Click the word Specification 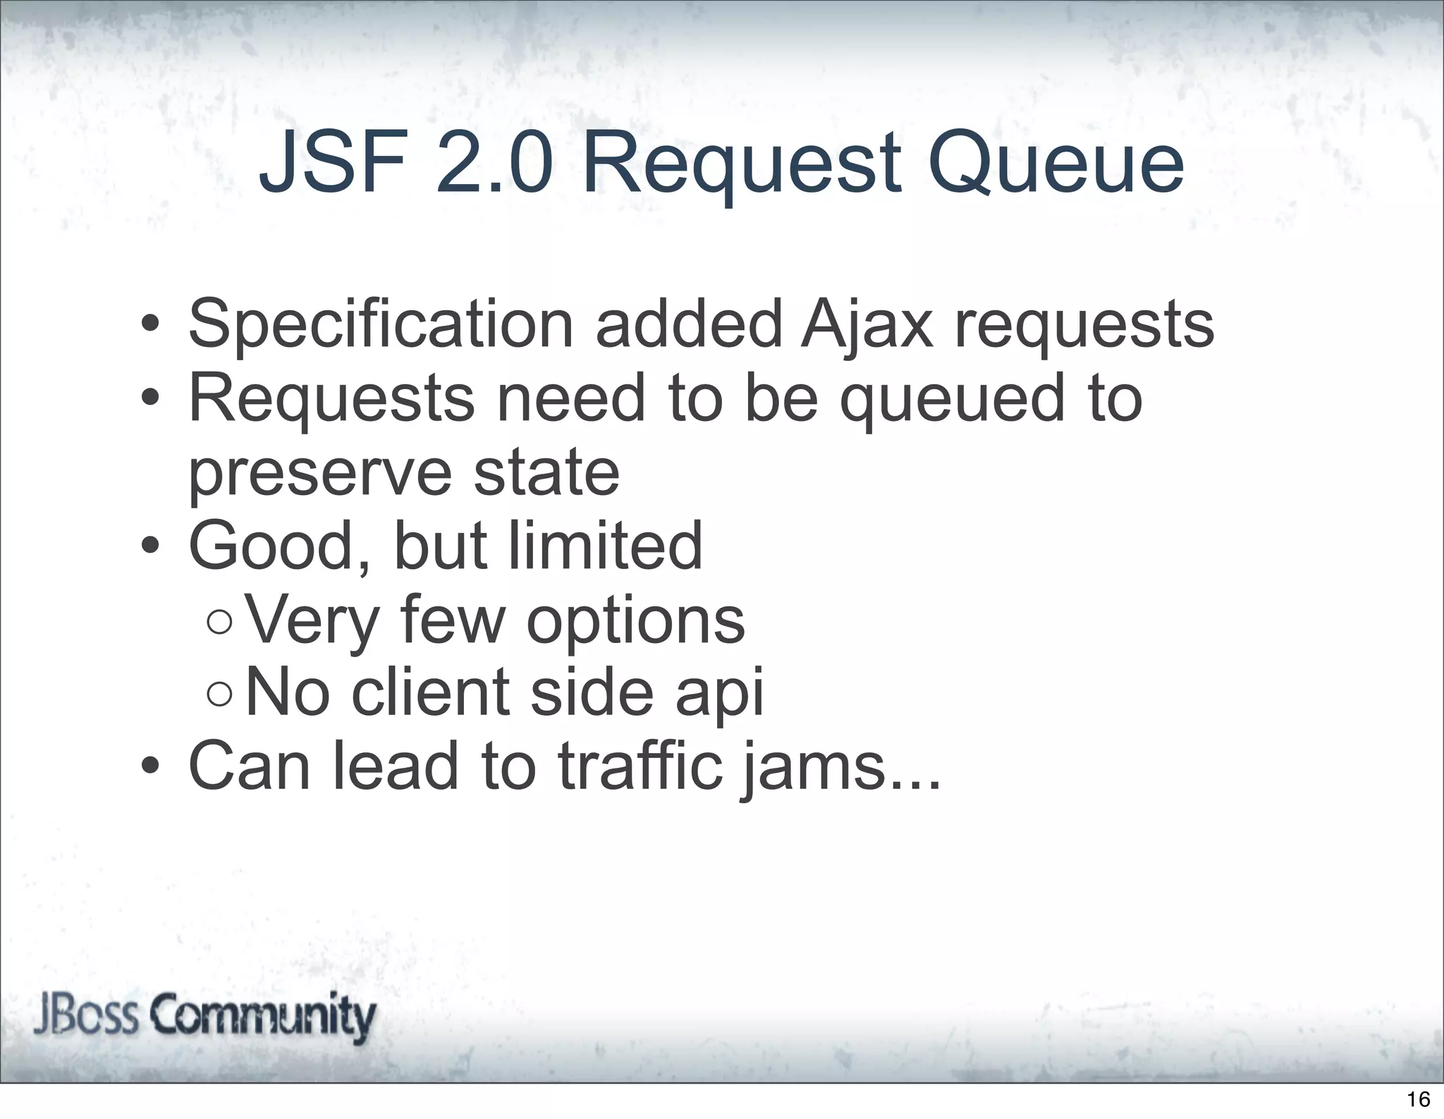point(381,325)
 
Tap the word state point(546,472)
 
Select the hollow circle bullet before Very point(220,622)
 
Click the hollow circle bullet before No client point(220,694)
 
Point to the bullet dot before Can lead point(149,766)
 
